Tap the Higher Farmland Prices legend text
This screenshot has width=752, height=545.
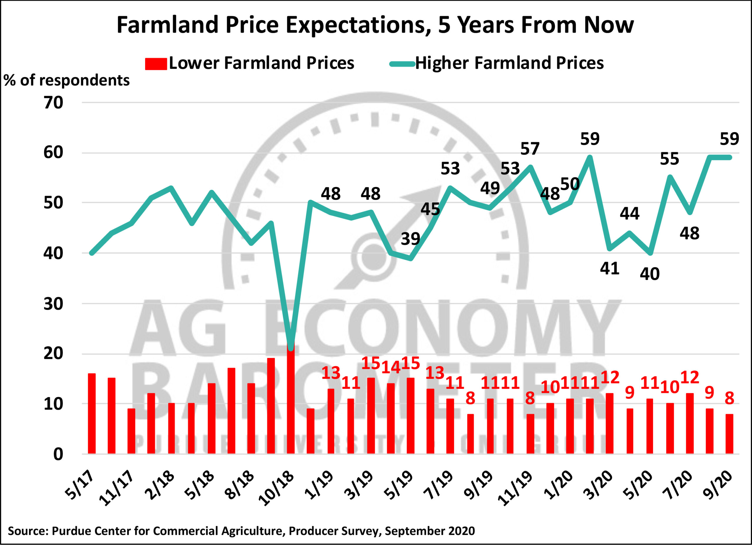pyautogui.click(x=509, y=63)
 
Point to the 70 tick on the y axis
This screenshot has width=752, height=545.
pyautogui.click(x=53, y=103)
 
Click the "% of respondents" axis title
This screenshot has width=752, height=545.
pyautogui.click(x=66, y=80)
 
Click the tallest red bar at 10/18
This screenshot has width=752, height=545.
pyautogui.click(x=291, y=398)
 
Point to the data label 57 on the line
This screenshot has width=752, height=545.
pyautogui.click(x=530, y=149)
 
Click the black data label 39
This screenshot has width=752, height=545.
pyautogui.click(x=410, y=239)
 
